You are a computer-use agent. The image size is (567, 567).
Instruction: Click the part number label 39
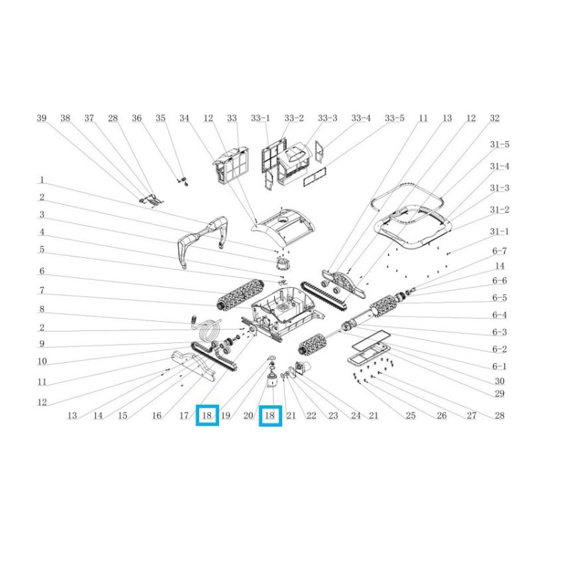[x=42, y=118]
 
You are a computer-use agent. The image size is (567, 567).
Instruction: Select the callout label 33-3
[x=327, y=118]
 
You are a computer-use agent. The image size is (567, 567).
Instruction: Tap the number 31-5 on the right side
[x=500, y=145]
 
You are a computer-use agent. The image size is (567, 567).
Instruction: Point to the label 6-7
[x=500, y=251]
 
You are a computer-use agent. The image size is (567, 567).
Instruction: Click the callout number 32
[x=494, y=118]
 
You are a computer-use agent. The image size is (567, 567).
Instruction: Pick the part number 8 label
[x=42, y=309]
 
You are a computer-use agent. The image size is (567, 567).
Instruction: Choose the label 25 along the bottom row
[x=410, y=415]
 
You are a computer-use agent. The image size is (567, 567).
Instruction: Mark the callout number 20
[x=248, y=415]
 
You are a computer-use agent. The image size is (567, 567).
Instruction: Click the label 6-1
[x=500, y=366]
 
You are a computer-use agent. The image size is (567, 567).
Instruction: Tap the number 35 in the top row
[x=161, y=118]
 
